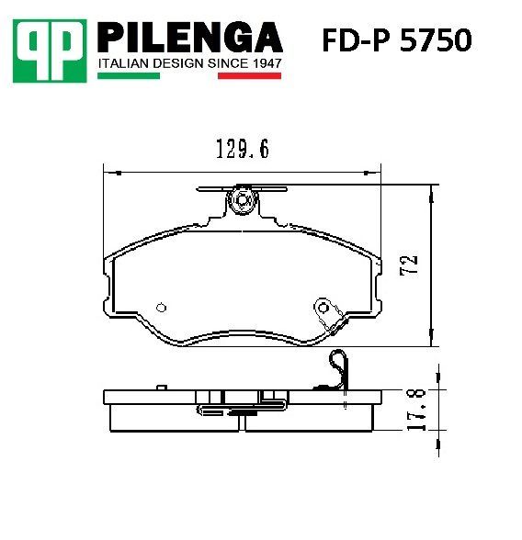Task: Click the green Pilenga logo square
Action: [x=50, y=51]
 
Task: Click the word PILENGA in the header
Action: [x=190, y=37]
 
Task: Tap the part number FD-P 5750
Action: [x=397, y=39]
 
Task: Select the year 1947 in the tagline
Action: [x=267, y=63]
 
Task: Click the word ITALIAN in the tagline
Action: [x=124, y=63]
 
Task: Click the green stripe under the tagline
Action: [x=129, y=75]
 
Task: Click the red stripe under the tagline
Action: [x=249, y=75]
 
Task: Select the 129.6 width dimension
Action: [x=243, y=149]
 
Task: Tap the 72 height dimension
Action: [x=409, y=264]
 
